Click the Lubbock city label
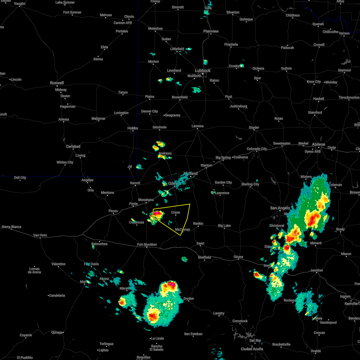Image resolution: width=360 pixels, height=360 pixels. pos(203,70)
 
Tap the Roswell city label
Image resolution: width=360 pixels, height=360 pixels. pos(57,83)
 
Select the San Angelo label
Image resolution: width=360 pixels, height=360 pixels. pos(280,208)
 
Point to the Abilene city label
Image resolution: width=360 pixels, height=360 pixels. pos(318,144)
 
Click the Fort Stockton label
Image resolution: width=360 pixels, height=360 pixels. pos(147,244)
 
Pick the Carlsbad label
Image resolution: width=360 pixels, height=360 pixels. pos(73,146)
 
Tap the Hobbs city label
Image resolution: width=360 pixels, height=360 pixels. pos(133,128)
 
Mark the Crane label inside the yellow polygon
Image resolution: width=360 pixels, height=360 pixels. pos(175,212)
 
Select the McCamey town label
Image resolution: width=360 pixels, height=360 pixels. pos(183,229)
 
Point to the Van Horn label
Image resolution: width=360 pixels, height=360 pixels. pos(40,235)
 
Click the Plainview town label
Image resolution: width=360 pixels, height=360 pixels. pos(211,31)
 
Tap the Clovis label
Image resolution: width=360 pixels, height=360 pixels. pos(129,17)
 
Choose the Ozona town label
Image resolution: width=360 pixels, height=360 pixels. pos(238,257)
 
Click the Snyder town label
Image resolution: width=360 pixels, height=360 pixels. pos(254,127)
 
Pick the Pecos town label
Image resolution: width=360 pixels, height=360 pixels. pos(113,211)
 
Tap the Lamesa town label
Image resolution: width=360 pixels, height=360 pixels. pos(197,126)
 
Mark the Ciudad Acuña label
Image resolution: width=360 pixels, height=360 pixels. pos(252,349)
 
